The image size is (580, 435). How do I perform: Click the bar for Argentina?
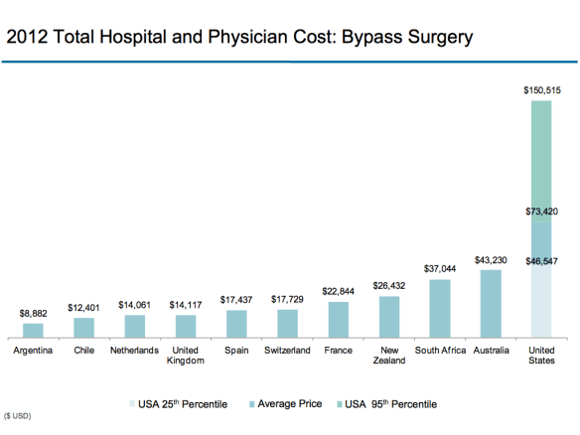click(x=33, y=331)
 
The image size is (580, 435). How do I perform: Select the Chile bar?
click(x=83, y=328)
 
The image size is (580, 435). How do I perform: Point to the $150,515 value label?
click(x=542, y=90)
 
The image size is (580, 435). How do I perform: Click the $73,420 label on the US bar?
click(x=542, y=212)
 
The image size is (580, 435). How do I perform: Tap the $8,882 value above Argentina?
click(x=33, y=313)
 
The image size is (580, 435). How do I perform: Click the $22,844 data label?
click(x=338, y=291)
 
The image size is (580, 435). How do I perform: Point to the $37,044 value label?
click(x=439, y=268)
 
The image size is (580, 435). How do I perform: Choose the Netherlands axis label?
click(x=134, y=350)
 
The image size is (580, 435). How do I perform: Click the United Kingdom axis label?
click(x=185, y=355)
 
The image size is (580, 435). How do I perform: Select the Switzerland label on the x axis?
click(x=287, y=350)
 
